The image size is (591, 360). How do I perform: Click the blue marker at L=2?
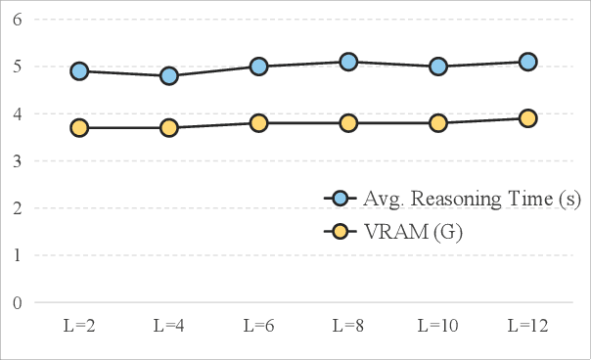click(x=79, y=71)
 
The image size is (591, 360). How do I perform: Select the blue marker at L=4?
click(x=168, y=75)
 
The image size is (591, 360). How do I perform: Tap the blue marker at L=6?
click(x=258, y=67)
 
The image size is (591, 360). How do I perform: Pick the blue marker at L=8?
click(x=348, y=62)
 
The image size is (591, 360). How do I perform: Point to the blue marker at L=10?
click(x=437, y=67)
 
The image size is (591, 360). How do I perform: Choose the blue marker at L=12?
click(x=527, y=62)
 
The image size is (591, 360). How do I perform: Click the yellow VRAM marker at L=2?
click(x=79, y=127)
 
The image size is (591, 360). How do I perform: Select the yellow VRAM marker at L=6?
click(x=258, y=123)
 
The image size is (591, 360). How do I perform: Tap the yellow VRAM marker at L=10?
click(x=437, y=123)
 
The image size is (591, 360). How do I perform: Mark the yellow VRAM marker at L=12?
click(x=527, y=118)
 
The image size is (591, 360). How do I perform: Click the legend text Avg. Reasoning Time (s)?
click(x=472, y=200)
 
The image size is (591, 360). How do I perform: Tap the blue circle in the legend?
click(x=340, y=200)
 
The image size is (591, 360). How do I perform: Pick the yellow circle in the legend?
click(x=340, y=232)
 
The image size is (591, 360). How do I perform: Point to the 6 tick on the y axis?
click(x=17, y=20)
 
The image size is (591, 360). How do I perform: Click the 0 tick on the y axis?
click(x=17, y=302)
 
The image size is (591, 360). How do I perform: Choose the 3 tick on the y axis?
click(x=17, y=161)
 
